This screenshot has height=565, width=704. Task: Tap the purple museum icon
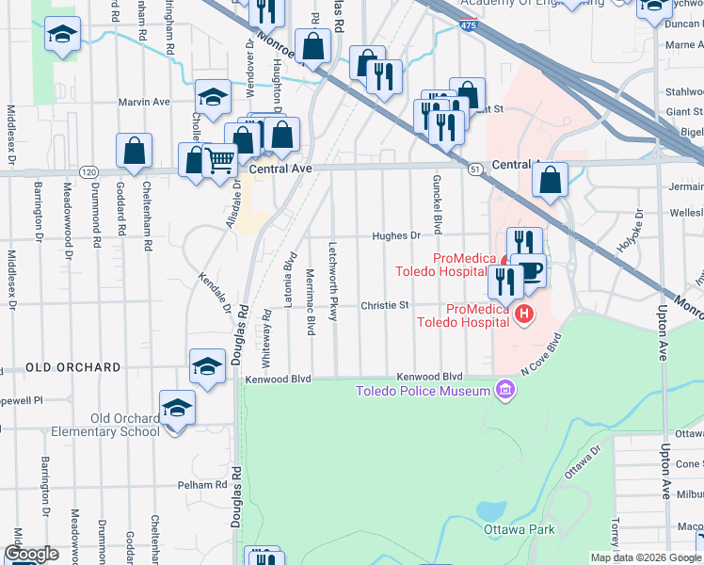click(505, 390)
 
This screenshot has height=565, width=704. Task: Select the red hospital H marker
click(525, 315)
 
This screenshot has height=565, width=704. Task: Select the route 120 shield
click(88, 172)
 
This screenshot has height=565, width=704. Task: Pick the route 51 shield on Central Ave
click(476, 168)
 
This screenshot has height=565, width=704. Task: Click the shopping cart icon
click(219, 161)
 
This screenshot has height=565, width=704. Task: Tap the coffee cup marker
click(530, 271)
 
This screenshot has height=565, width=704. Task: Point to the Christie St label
click(385, 305)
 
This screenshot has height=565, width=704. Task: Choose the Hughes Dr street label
click(395, 236)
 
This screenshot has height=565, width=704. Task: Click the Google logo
click(31, 554)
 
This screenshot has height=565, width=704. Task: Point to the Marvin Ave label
click(143, 102)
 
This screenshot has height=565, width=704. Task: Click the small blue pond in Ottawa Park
click(490, 511)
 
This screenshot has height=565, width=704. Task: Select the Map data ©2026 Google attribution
click(645, 557)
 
